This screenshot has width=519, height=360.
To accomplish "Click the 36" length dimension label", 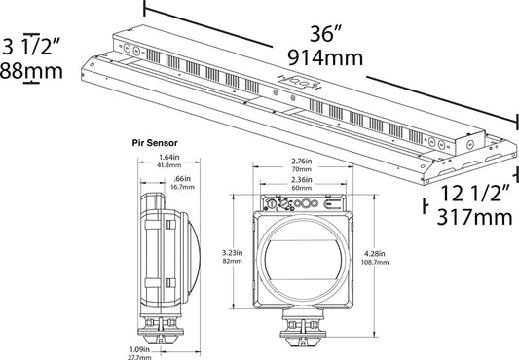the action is pos(325,34).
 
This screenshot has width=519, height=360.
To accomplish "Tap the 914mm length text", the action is pos(325,58).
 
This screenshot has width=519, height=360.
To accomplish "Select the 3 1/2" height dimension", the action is pos(31,46).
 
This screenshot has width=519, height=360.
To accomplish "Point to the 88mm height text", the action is pos(31,71).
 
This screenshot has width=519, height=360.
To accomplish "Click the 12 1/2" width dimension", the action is pos(476,194).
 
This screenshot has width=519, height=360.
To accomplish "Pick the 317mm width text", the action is pos(474,217).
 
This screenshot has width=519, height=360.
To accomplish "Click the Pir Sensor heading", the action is pos(155,143).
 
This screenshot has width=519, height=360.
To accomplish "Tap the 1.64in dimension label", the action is pos(169,158).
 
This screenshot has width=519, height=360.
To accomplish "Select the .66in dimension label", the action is pos(182,179).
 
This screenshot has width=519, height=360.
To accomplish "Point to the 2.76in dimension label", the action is pos(302,162).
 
